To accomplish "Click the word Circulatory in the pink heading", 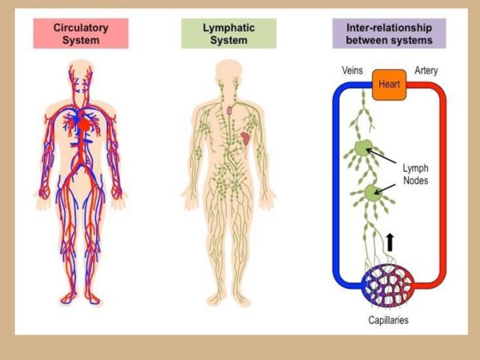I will point(81,27).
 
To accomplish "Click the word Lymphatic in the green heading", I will point(228,27).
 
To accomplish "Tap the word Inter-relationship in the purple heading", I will point(390,27).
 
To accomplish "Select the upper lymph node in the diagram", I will point(362,150).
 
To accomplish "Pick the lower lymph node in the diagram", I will point(370,194).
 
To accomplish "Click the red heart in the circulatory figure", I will point(82,124).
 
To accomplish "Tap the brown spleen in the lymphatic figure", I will point(246,137).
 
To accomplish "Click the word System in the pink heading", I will point(81,40).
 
